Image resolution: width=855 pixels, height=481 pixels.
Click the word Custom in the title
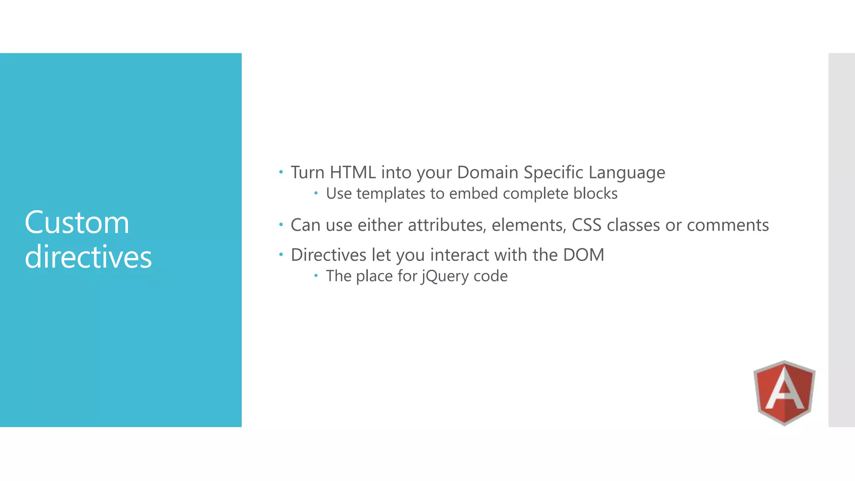(77, 222)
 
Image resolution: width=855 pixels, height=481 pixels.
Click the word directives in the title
(88, 256)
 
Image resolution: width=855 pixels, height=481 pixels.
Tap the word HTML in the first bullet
(353, 172)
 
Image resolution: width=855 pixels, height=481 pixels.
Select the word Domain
(488, 172)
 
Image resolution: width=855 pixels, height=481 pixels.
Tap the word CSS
(587, 225)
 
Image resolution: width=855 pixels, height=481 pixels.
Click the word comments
(728, 225)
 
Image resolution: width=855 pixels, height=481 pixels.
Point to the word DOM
(583, 255)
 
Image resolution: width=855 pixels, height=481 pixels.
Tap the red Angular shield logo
(784, 392)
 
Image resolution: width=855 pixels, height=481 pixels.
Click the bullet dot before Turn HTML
(281, 172)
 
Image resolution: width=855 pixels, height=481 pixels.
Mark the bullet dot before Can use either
(281, 225)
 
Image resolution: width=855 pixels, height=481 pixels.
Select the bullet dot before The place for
(316, 276)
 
